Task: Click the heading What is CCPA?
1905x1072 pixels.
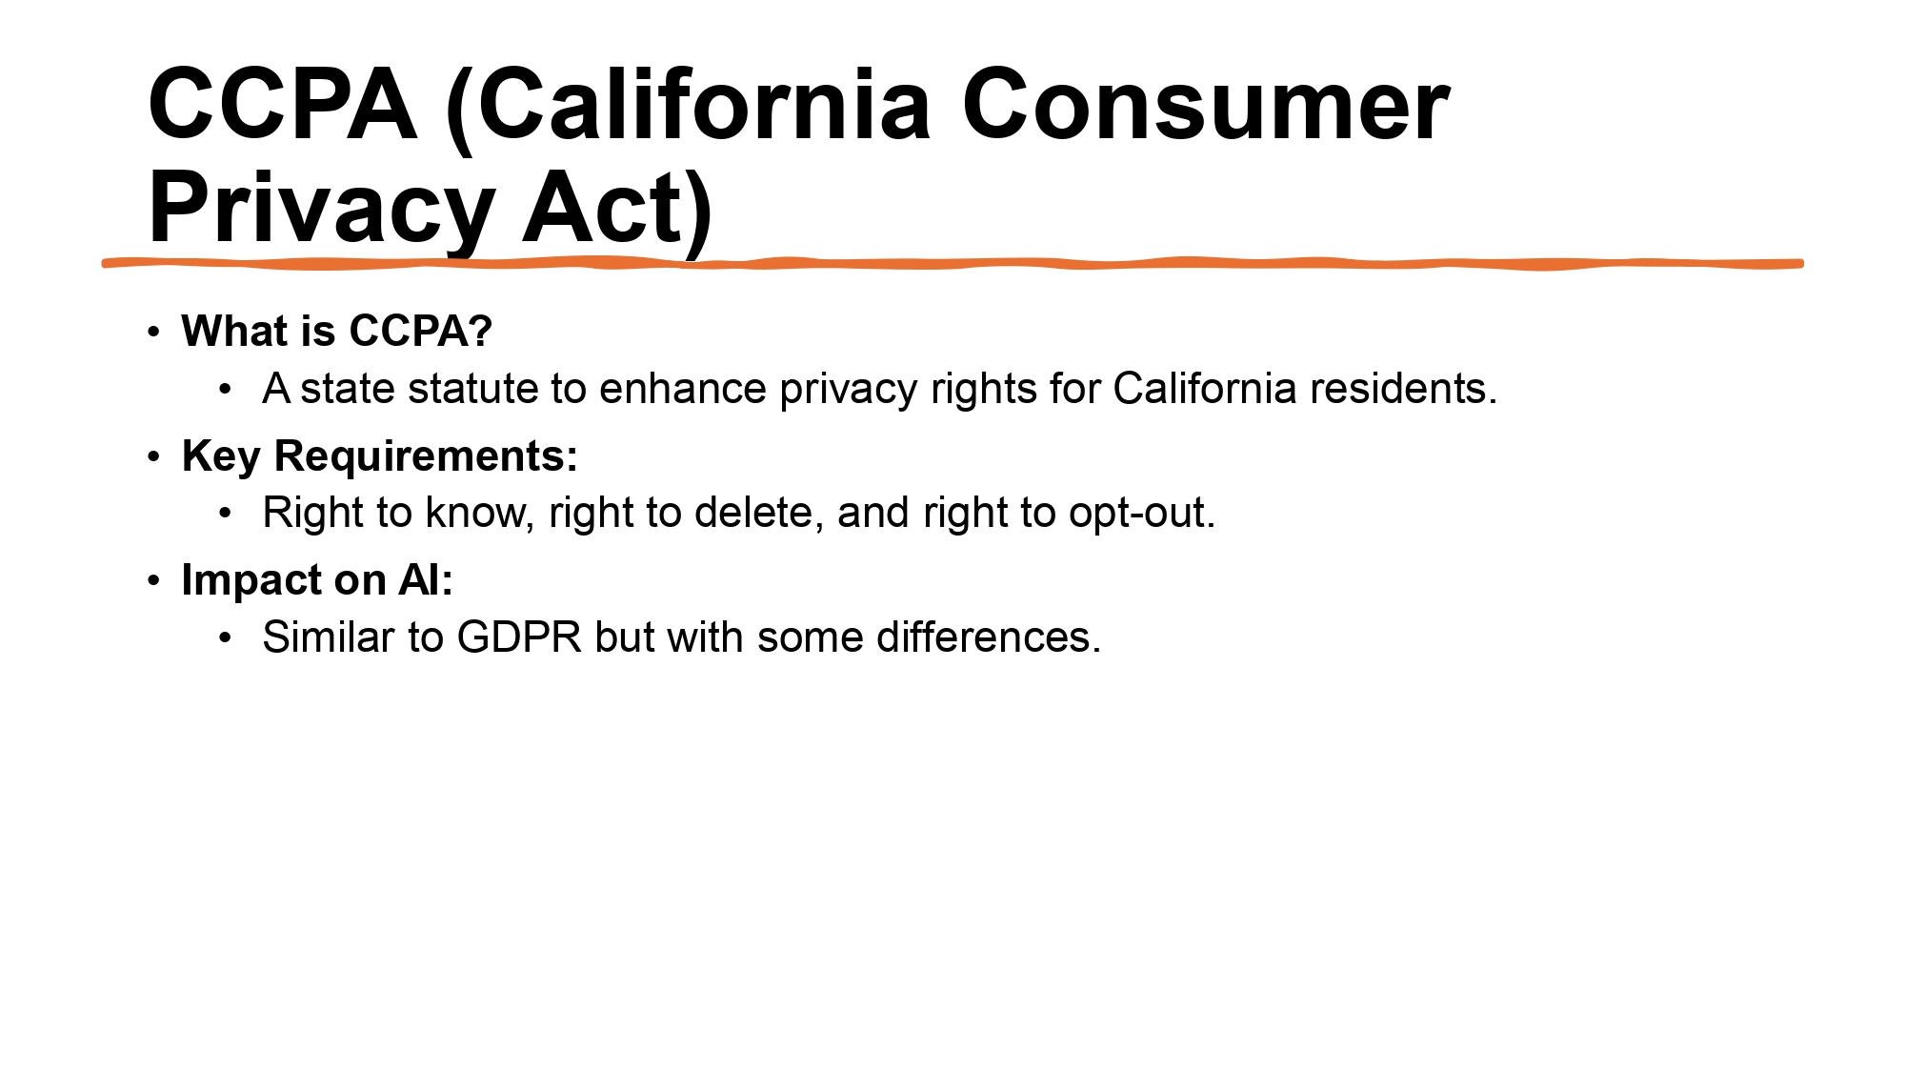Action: click(336, 331)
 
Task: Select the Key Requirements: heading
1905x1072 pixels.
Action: click(379, 455)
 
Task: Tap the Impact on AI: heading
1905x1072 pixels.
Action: click(317, 579)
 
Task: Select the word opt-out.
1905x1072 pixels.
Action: click(1142, 513)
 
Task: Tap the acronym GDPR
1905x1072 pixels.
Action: click(519, 637)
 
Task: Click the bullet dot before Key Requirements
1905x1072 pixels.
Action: click(154, 456)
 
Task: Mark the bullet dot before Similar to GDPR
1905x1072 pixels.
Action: click(225, 637)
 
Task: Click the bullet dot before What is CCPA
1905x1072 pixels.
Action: click(154, 332)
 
